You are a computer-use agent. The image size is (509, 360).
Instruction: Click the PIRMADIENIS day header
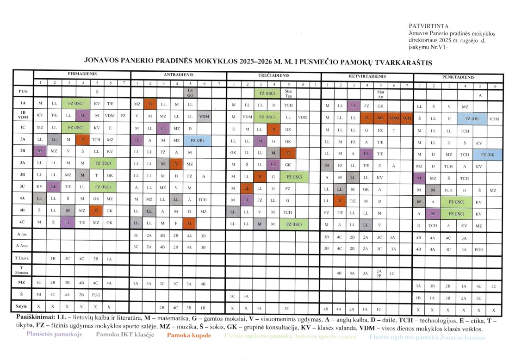coord(82,74)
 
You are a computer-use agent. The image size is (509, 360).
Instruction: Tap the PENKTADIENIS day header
coord(457,77)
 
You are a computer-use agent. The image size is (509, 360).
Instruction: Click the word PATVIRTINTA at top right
coord(426,26)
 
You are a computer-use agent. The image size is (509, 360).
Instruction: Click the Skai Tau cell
coord(289,93)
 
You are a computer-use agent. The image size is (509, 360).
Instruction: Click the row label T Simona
coord(23,270)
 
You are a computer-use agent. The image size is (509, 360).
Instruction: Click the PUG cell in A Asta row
coord(479,249)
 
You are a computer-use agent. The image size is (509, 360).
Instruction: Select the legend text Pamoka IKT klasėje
coord(125,335)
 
